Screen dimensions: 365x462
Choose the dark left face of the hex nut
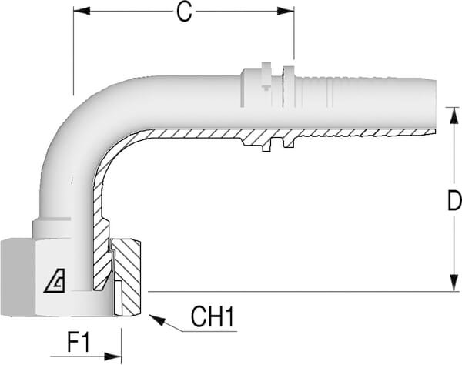tap(15, 277)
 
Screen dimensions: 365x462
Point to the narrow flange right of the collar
tap(289, 85)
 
